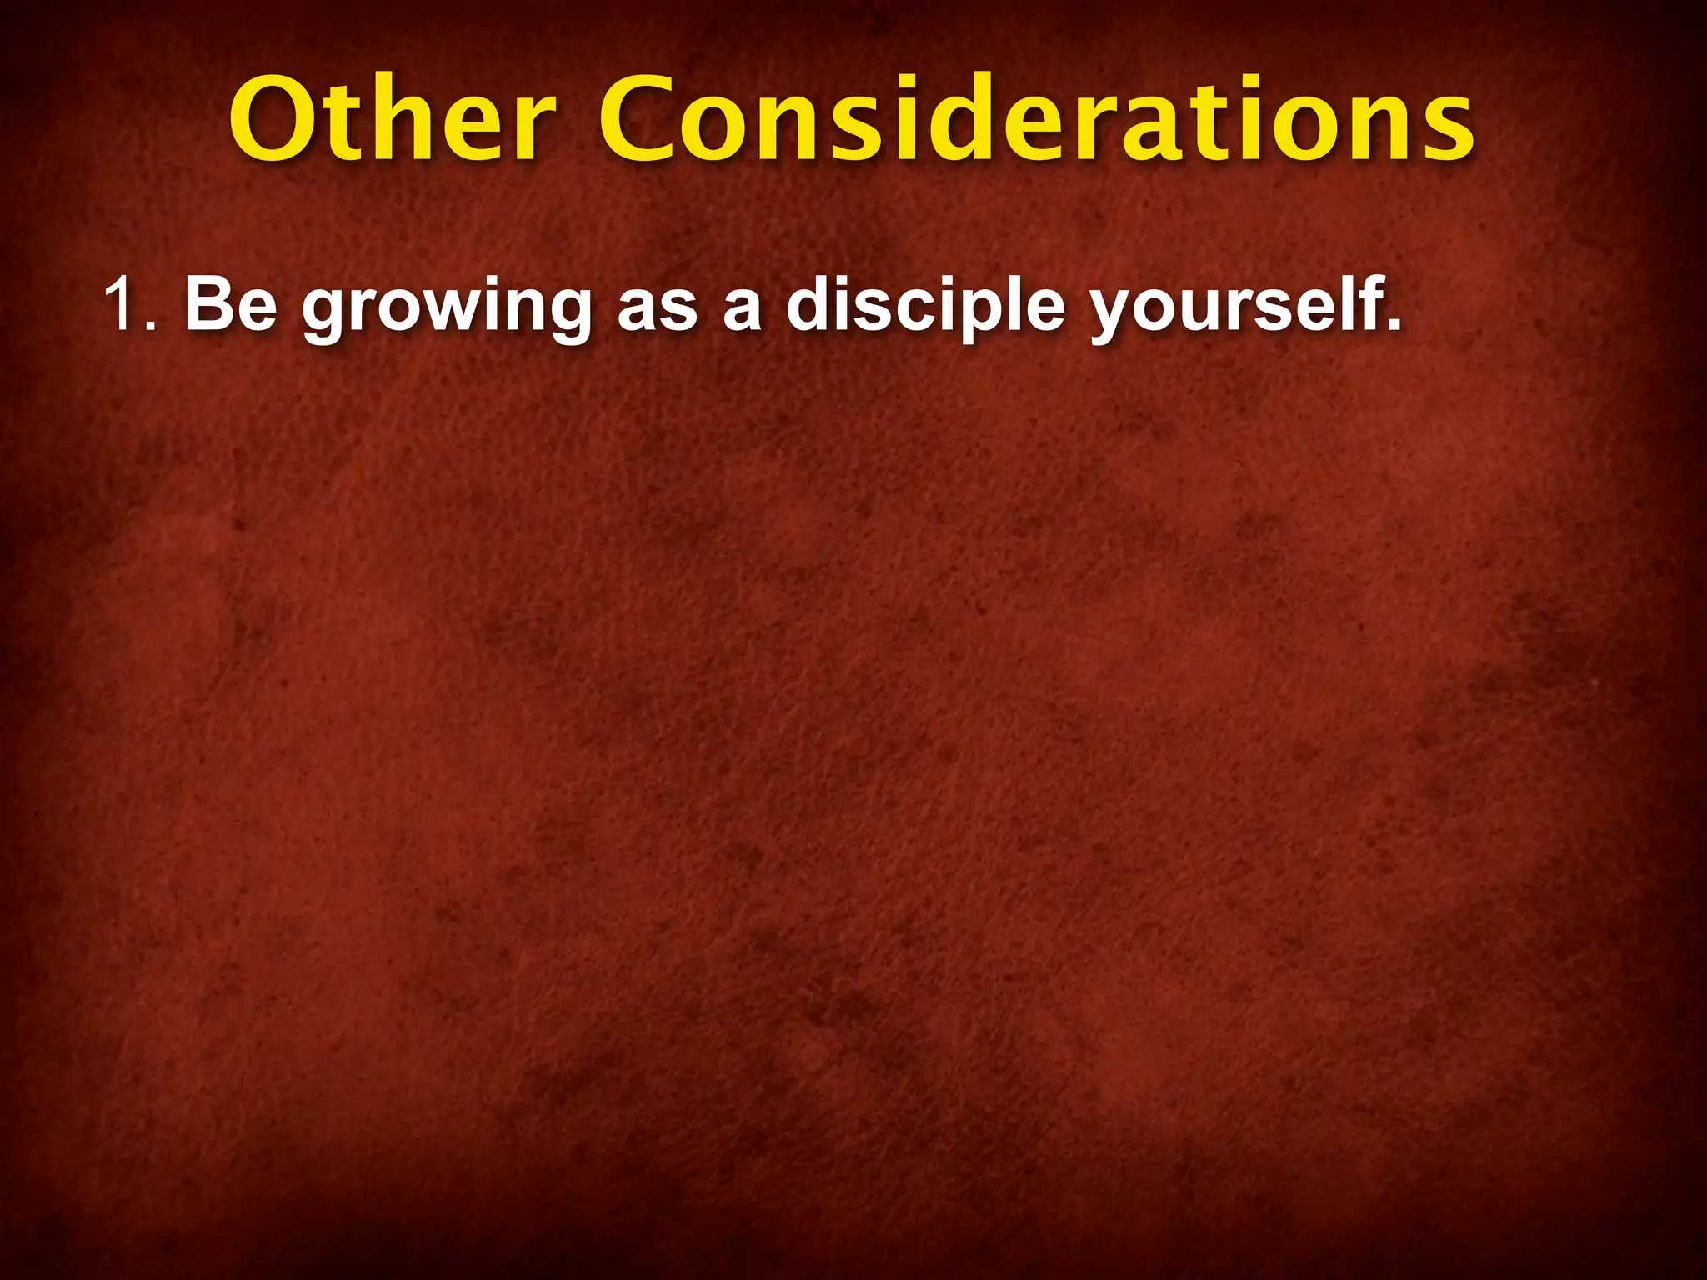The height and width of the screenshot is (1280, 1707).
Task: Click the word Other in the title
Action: click(392, 121)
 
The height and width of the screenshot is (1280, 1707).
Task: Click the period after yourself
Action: click(1393, 325)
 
